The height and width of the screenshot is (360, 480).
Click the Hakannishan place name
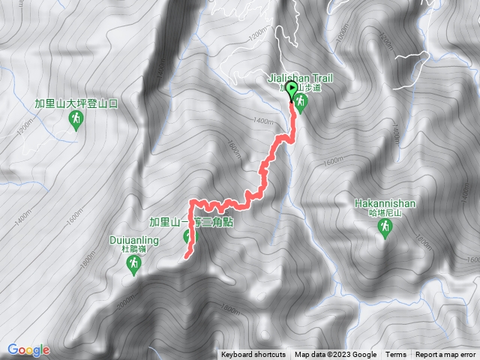pyautogui.click(x=385, y=203)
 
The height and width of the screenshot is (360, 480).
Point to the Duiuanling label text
pyautogui.click(x=132, y=241)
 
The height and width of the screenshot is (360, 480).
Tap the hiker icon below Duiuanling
pyautogui.click(x=133, y=265)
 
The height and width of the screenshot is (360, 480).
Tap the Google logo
pyautogui.click(x=28, y=349)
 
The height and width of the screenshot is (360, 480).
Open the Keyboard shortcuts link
pyautogui.click(x=253, y=355)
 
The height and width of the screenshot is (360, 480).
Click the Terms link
pyautogui.click(x=396, y=355)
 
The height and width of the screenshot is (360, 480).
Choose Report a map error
pyautogui.click(x=446, y=355)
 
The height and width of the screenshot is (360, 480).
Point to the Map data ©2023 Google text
pyautogui.click(x=335, y=355)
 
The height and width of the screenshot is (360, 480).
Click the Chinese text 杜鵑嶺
pyautogui.click(x=133, y=250)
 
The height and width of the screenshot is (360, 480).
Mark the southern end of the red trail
pyautogui.click(x=185, y=256)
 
